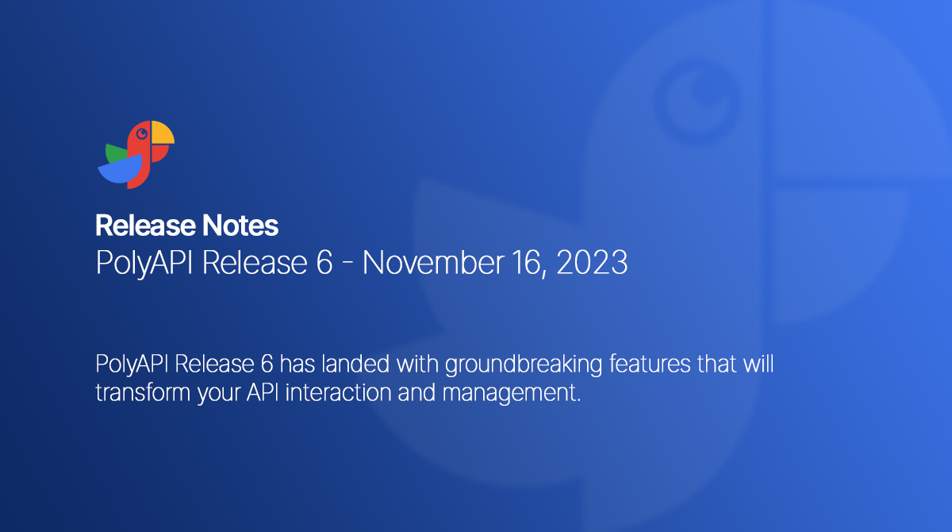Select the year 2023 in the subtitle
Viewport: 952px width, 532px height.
click(592, 263)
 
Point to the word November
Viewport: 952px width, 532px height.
click(448, 263)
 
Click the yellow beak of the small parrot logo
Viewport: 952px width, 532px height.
click(162, 133)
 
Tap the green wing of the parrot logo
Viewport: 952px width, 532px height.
click(116, 153)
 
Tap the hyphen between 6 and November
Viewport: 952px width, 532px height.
click(347, 264)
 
